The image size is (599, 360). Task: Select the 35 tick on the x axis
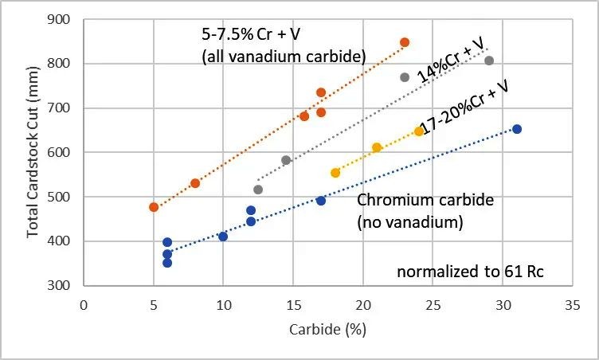(572, 304)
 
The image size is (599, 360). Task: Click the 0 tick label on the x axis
(84, 304)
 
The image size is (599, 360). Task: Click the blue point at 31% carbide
(516, 129)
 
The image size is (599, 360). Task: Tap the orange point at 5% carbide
(154, 207)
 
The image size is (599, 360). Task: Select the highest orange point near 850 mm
(405, 42)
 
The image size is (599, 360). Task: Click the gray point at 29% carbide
(489, 61)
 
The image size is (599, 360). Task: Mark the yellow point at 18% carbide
(335, 173)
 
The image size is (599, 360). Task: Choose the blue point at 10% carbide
(223, 237)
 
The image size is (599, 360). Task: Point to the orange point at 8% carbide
(195, 183)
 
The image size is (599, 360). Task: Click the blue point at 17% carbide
(321, 201)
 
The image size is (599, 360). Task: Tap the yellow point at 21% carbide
(377, 147)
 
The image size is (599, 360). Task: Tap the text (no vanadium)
(409, 223)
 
